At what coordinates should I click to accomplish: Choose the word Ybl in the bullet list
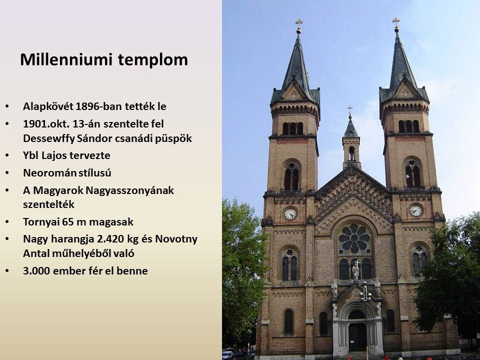[x=30, y=155]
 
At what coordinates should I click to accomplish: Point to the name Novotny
[x=176, y=239]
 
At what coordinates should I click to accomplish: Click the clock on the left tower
[x=290, y=213]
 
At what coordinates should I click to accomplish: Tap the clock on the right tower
[x=415, y=210]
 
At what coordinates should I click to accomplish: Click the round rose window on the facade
[x=354, y=238]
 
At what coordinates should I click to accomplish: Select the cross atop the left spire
[x=299, y=22]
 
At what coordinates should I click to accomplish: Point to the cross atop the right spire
[x=396, y=21]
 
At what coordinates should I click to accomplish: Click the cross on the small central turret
[x=350, y=108]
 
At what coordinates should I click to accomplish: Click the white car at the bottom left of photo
[x=227, y=355]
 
